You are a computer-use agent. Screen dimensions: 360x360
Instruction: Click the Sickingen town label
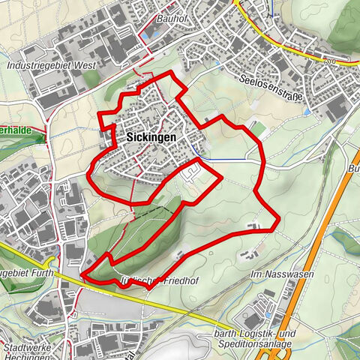[x=146, y=138]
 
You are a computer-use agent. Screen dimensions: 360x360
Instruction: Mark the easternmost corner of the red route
[x=278, y=220]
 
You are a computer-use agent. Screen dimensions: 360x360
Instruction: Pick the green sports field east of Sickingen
[x=257, y=130]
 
